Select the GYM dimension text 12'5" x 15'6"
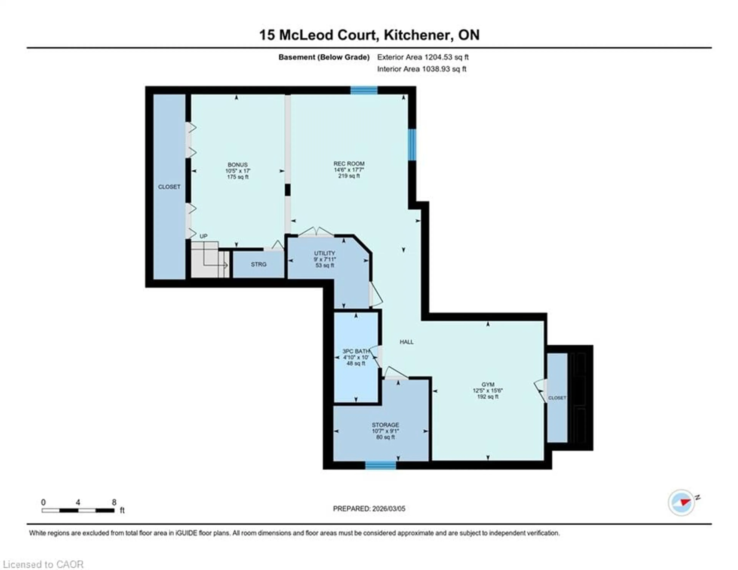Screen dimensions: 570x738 click(x=488, y=390)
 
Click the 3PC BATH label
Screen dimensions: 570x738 click(x=356, y=351)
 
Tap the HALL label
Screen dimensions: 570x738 click(x=406, y=342)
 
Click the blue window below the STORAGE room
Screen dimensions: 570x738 click(x=381, y=466)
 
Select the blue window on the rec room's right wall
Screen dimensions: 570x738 click(x=412, y=145)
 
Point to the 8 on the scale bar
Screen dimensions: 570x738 click(x=114, y=502)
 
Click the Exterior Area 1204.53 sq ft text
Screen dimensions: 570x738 click(x=423, y=57)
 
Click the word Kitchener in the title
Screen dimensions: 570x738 click(x=418, y=35)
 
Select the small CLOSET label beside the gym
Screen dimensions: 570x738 click(x=557, y=398)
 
